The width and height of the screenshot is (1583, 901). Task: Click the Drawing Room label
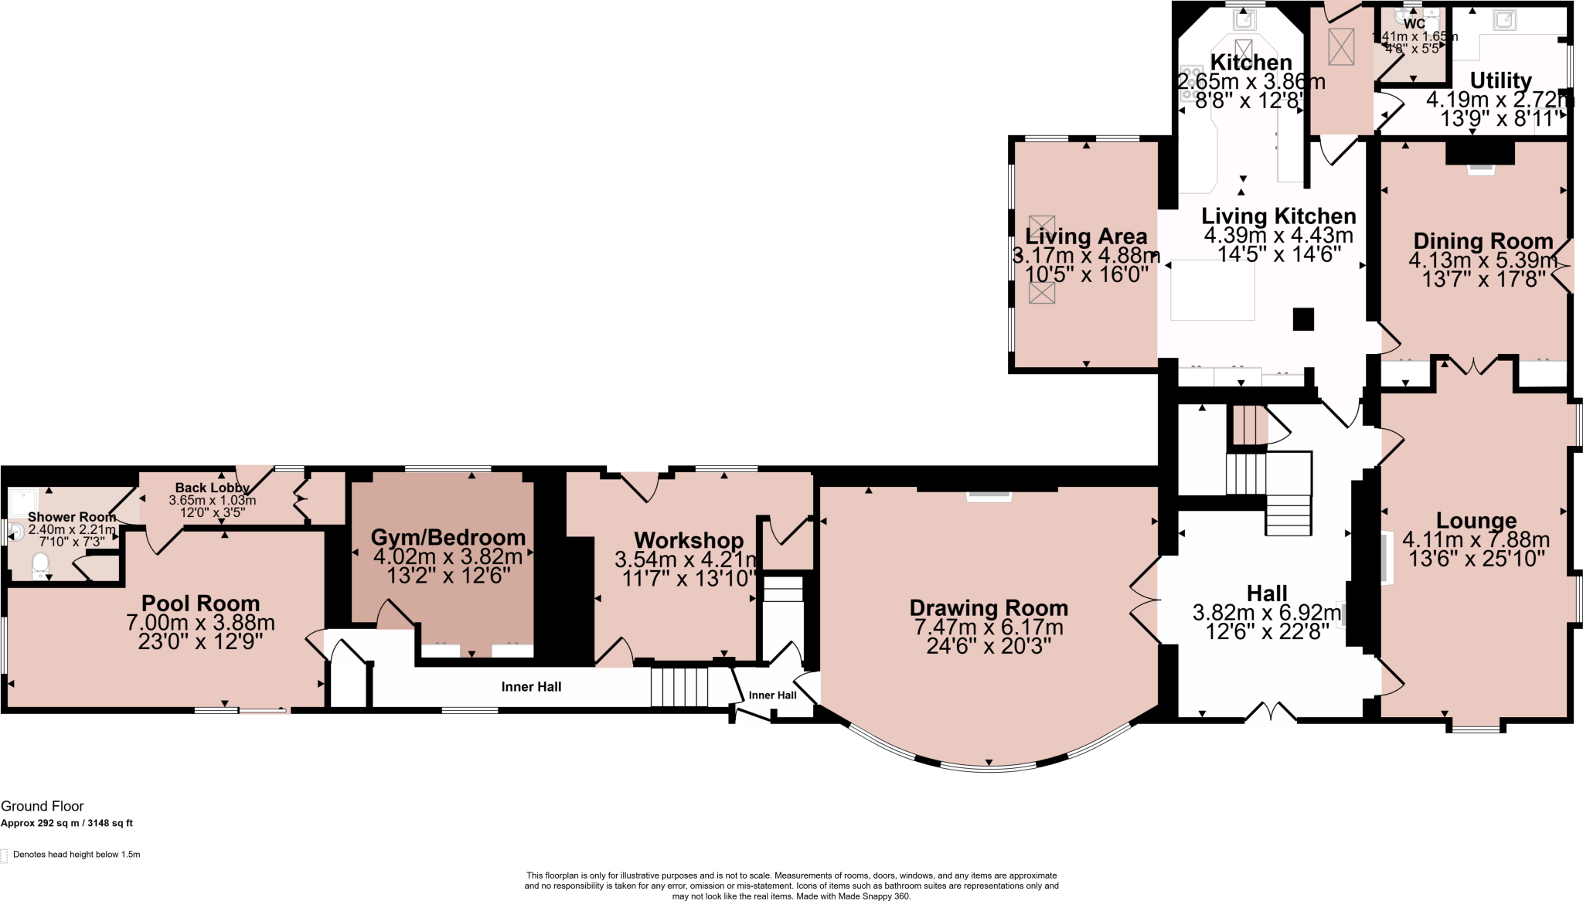989,608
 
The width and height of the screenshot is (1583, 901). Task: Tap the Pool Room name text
200,603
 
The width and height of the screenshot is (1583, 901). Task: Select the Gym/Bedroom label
448,538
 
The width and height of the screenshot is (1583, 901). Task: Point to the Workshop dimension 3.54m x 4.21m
686,559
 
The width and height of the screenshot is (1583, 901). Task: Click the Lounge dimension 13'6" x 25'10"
1476,559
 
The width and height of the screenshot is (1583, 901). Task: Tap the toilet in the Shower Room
41,566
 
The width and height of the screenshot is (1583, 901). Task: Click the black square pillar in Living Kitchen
1303,319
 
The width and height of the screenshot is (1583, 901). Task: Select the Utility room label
1500,80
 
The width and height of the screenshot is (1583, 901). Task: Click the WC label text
1414,24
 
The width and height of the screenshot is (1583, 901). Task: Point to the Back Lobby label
212,488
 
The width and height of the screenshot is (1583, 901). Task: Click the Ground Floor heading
43,806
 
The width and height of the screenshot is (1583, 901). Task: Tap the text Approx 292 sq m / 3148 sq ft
66,823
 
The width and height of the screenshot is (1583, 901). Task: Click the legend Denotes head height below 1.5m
76,855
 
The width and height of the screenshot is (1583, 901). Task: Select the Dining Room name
1483,241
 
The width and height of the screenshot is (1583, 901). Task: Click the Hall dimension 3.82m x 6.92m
1267,613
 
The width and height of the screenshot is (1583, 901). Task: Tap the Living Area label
1086,236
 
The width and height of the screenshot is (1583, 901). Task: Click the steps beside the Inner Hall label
679,687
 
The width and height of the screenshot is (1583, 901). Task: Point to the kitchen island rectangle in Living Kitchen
1212,290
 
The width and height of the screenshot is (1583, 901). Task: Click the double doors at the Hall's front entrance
1271,712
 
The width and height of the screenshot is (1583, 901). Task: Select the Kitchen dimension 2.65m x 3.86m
1251,81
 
